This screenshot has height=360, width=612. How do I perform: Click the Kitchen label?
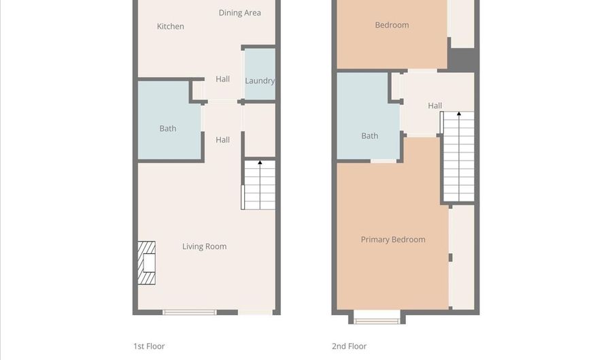[x=170, y=27]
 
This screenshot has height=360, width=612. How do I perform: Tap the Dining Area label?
[x=239, y=13]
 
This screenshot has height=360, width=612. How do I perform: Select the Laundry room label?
[x=260, y=81]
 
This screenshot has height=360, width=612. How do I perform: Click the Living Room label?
[x=204, y=246]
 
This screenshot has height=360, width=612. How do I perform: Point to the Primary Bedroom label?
[x=393, y=240]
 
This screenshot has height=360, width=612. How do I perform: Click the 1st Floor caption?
[x=149, y=346]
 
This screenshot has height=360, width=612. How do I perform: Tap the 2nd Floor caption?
[x=349, y=346]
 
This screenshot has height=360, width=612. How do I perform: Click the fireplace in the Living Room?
[x=146, y=263]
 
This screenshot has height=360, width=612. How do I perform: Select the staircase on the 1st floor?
[x=259, y=185]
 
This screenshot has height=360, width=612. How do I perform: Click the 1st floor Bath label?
[x=168, y=129]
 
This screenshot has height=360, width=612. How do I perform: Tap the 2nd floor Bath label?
[x=370, y=136]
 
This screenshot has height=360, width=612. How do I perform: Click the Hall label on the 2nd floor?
[x=435, y=105]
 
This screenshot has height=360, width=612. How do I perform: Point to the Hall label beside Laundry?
[x=222, y=80]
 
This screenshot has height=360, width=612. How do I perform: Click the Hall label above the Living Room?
[x=222, y=140]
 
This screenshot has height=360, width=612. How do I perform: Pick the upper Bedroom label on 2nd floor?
[x=392, y=25]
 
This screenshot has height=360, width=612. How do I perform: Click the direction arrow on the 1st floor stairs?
[x=260, y=163]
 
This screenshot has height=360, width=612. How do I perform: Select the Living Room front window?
[x=189, y=312]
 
